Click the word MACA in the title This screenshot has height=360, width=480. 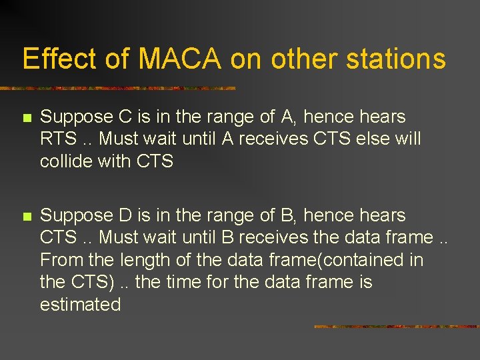pyautogui.click(x=180, y=59)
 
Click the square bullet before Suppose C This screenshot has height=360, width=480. pyautogui.click(x=26, y=118)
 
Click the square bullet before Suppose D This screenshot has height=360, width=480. pyautogui.click(x=26, y=217)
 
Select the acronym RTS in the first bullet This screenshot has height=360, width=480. pyautogui.click(x=58, y=139)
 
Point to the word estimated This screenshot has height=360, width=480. pyautogui.click(x=80, y=305)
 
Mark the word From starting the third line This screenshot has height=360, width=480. pyautogui.click(x=60, y=260)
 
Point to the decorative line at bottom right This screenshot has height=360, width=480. pyautogui.click(x=396, y=327)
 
